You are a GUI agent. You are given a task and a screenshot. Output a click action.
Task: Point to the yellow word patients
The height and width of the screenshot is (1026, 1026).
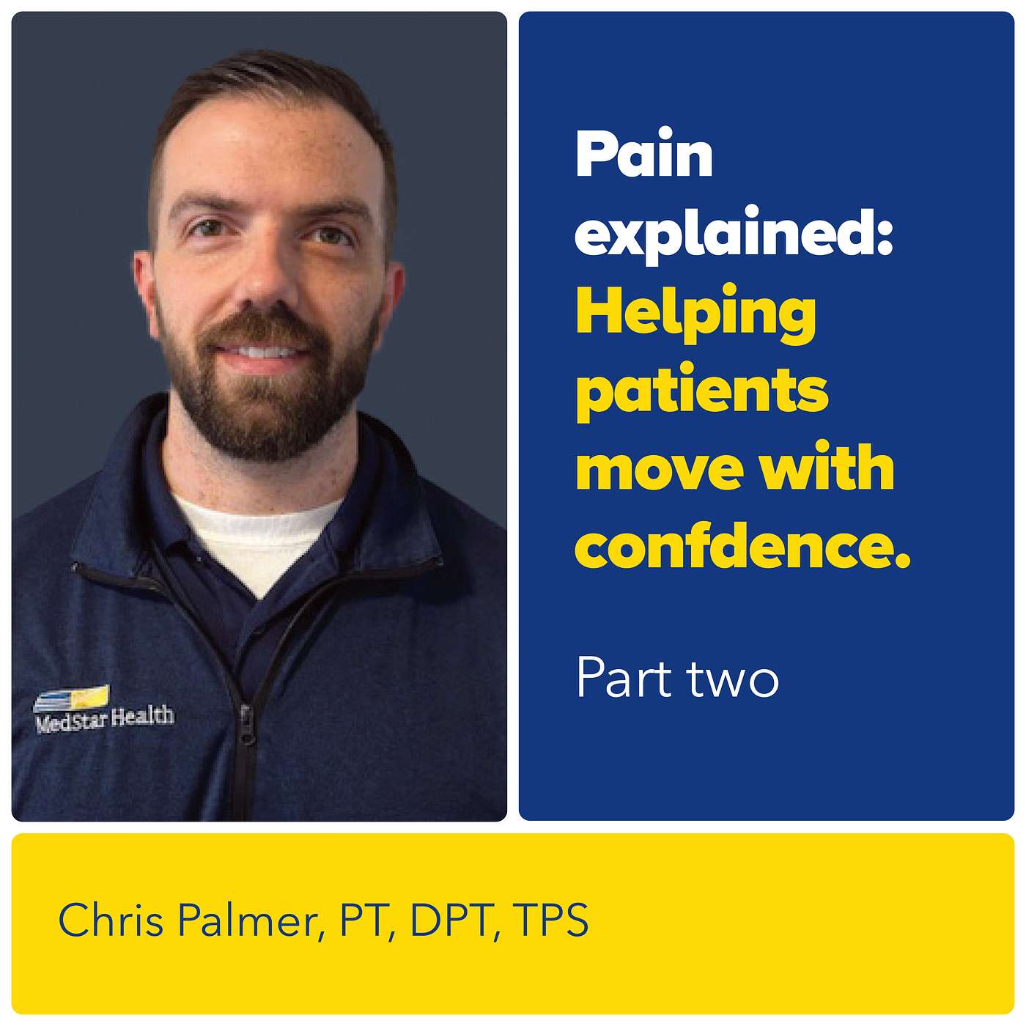tap(702, 391)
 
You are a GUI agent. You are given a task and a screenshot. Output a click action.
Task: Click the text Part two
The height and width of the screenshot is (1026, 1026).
tap(677, 679)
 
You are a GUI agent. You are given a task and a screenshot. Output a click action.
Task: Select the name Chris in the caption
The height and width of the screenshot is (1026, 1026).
tap(111, 920)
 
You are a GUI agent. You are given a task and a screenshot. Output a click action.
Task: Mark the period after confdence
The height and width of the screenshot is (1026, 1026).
tap(902, 562)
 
